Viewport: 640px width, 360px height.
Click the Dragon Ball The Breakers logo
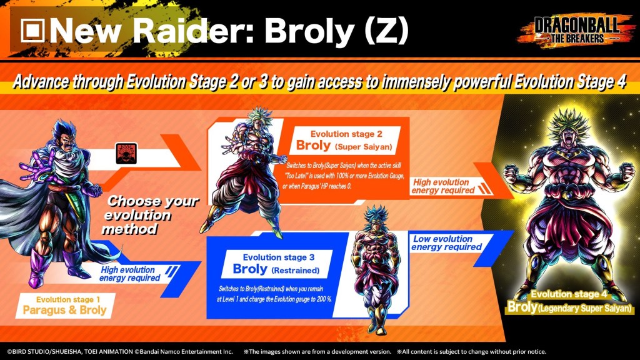coord(576,29)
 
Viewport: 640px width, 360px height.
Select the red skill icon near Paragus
coord(126,154)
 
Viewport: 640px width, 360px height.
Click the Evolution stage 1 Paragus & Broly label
coord(64,306)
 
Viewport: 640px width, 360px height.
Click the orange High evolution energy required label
coord(443,186)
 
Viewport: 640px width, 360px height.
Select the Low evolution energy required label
coord(446,243)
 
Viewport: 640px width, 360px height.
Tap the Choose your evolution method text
coord(150,215)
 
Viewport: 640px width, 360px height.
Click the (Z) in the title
coord(386,31)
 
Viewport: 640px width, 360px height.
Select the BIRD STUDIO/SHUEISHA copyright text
coord(70,351)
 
